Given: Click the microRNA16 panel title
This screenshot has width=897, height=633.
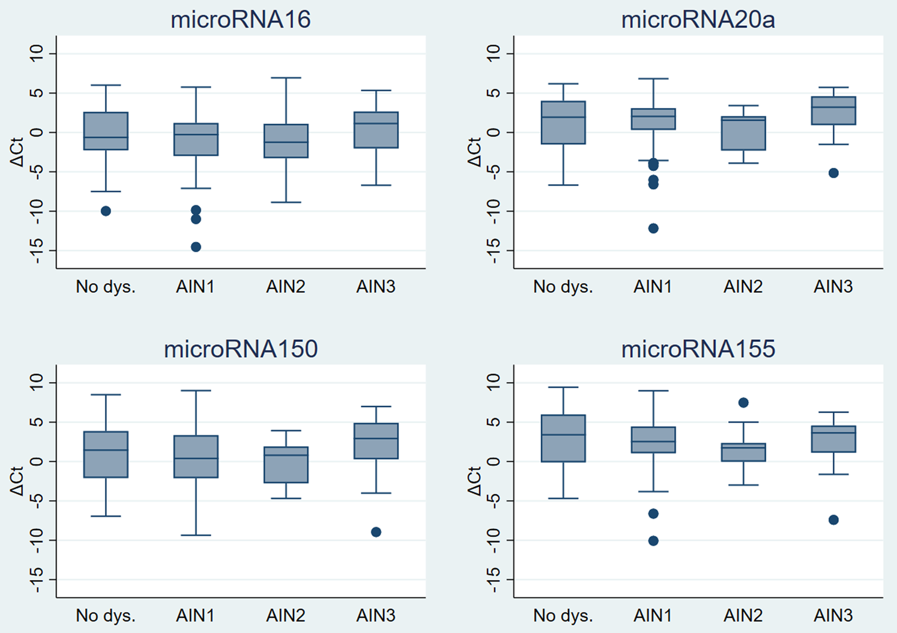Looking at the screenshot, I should click(x=240, y=20).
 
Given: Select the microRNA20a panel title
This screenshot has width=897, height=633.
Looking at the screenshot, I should click(x=698, y=20).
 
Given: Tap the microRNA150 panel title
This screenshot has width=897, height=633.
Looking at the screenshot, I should click(x=240, y=349).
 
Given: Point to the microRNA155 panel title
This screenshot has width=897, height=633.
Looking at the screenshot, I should click(x=698, y=349).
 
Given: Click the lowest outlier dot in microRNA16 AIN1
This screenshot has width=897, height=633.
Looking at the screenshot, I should click(x=196, y=247).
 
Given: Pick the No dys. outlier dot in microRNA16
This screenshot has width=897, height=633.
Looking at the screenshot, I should click(x=106, y=211).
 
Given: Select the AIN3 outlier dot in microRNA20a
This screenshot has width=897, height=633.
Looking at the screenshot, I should click(x=833, y=173).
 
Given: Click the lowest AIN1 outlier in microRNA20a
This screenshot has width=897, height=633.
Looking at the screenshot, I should click(x=653, y=228).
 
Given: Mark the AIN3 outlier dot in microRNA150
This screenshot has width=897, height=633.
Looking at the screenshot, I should click(x=376, y=532).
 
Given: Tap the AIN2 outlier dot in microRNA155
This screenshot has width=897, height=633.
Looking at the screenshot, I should click(x=743, y=403).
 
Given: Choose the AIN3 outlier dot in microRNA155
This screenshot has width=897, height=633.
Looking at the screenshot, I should click(x=833, y=520).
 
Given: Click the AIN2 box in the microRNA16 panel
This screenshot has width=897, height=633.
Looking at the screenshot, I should click(x=286, y=141).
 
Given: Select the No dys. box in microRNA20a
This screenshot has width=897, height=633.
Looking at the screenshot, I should click(x=563, y=123).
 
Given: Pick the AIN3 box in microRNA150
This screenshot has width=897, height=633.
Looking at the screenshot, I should click(x=376, y=441).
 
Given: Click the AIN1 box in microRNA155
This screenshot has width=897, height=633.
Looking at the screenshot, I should click(x=653, y=440).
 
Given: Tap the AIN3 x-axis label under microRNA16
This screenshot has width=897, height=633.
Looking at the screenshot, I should click(x=376, y=287).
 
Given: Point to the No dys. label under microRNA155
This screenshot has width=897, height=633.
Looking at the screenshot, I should click(x=563, y=616).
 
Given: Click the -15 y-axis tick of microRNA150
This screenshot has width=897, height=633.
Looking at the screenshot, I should click(x=37, y=579).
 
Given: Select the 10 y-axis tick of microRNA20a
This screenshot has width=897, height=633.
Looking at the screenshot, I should click(x=494, y=54).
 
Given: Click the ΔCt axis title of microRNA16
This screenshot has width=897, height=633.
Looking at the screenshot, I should click(x=17, y=152).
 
